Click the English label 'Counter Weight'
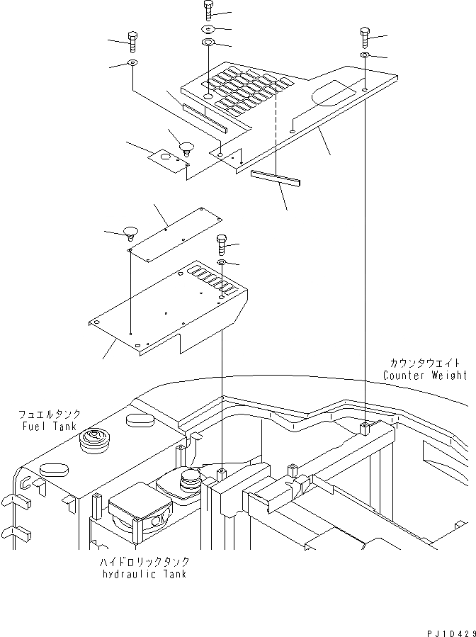click(425, 376)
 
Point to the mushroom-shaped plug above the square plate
click(186, 148)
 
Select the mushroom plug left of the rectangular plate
click(130, 233)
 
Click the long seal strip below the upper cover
click(275, 179)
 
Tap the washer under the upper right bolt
click(363, 55)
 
